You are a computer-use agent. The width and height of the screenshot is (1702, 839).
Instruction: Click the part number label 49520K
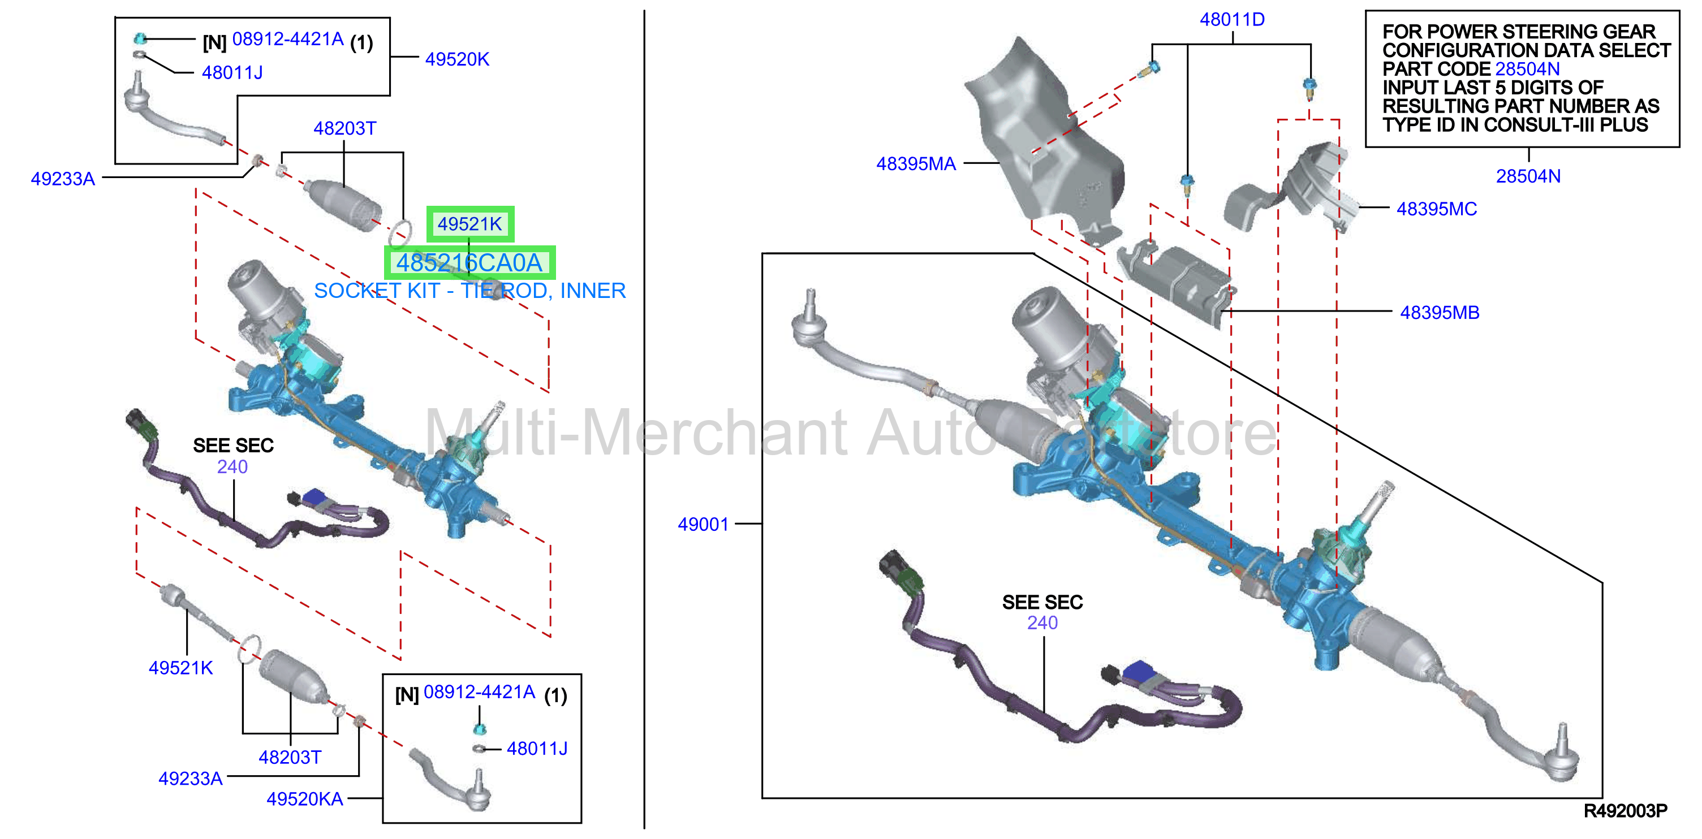coord(457,59)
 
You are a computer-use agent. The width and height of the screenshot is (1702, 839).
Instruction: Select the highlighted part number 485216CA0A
coord(469,263)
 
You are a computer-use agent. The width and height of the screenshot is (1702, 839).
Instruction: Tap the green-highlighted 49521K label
coord(470,224)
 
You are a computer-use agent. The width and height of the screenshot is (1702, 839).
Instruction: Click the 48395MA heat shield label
coord(916,164)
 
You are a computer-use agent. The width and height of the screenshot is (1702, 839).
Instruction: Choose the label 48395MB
coord(1440,313)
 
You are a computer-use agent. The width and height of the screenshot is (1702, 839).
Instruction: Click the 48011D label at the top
coord(1232,20)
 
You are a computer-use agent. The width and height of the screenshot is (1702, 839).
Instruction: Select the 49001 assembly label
coord(703,525)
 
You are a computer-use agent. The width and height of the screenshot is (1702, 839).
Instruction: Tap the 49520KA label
coord(304,799)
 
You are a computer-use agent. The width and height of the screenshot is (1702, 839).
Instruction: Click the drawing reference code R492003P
coord(1626,811)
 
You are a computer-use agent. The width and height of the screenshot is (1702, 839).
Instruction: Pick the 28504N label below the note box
coord(1528,176)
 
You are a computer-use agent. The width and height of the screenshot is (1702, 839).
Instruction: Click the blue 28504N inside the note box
coord(1528,69)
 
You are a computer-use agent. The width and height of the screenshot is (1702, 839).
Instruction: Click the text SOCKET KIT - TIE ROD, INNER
coord(470,291)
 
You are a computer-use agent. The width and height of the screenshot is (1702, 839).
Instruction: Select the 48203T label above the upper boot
coord(345,128)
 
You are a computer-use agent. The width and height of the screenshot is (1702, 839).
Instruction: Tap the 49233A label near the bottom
coord(190,779)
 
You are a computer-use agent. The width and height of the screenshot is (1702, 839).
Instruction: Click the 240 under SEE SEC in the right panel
coord(1042,623)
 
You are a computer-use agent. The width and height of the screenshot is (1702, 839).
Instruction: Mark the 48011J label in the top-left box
coord(232,73)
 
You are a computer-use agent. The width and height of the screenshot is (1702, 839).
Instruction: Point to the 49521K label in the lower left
coord(180,668)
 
